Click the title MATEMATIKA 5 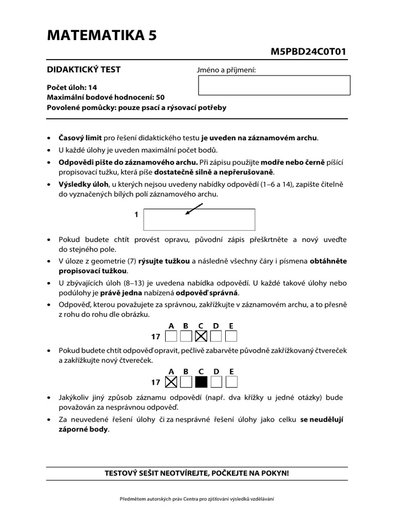[x=102, y=35]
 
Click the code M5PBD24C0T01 [x=311, y=51]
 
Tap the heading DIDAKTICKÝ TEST [x=84, y=69]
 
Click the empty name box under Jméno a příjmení [x=273, y=85]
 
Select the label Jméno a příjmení [x=226, y=70]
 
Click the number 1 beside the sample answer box [x=136, y=215]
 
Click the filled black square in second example [x=201, y=382]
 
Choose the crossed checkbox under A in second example [x=171, y=382]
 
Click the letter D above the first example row [x=216, y=326]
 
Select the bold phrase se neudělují [x=322, y=419]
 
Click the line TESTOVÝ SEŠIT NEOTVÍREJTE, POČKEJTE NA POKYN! [x=197, y=473]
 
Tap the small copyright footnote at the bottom [x=197, y=499]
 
